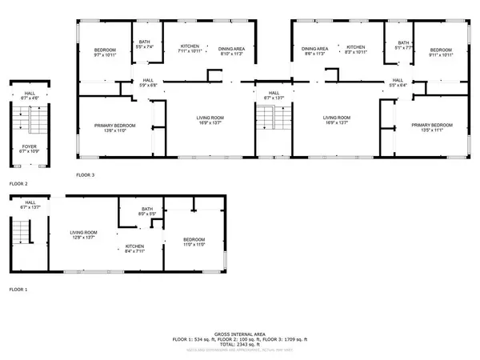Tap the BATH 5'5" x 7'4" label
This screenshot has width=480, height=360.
coord(145,45)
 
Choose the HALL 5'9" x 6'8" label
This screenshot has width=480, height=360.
coord(148,82)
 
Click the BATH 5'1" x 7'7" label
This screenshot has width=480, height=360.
coord(404,46)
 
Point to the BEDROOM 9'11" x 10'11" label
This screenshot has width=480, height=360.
coord(439,53)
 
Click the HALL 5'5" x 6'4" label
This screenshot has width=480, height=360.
coord(398,82)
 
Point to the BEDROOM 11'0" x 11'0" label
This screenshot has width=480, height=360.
coord(194,242)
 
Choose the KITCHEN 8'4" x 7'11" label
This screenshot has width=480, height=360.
coord(134,249)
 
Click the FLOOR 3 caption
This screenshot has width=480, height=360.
coord(86,174)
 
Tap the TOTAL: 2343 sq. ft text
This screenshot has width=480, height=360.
coord(240,345)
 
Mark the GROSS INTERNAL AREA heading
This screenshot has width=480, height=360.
coord(240,334)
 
